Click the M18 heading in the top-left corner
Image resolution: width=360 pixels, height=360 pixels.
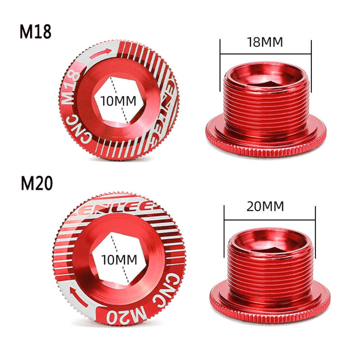pos(35,32)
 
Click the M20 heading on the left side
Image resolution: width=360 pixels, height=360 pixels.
pos(36,184)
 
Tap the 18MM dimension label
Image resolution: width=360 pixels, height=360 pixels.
pos(265,42)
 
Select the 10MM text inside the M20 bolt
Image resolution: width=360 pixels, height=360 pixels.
pos(119,259)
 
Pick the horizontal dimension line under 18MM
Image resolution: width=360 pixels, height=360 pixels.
pos(265,54)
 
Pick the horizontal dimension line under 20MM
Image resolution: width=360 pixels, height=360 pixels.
pos(269,219)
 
